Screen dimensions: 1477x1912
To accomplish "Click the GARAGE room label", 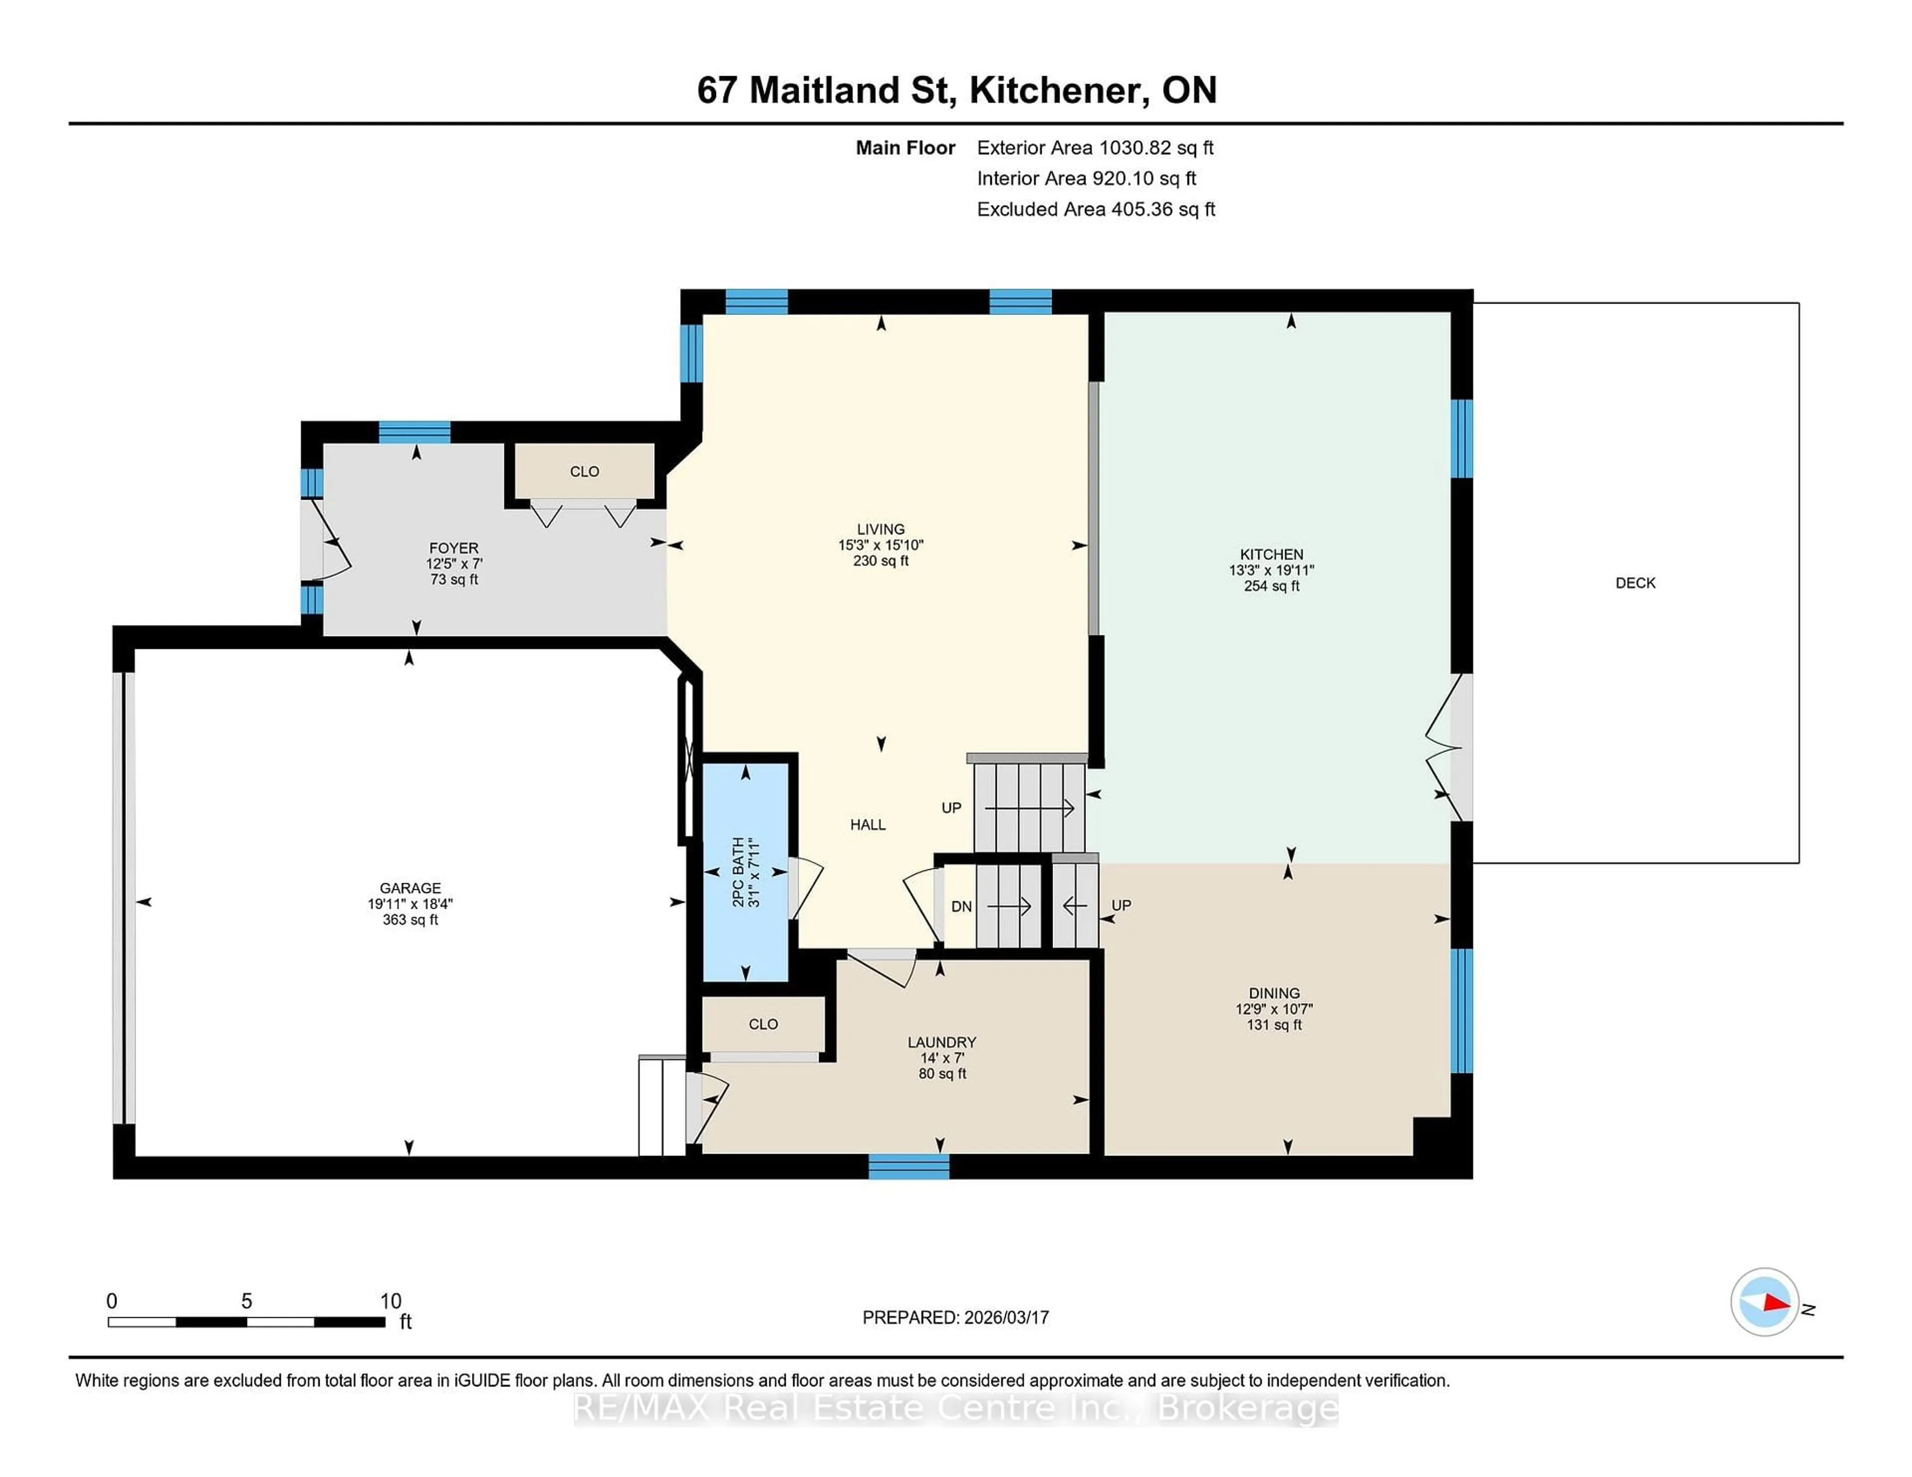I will pyautogui.click(x=410, y=887).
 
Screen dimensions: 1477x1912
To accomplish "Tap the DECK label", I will pyautogui.click(x=1635, y=583).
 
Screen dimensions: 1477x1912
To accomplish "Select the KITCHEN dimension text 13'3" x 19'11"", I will pyautogui.click(x=1271, y=570).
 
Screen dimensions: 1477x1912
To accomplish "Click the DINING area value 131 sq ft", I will pyautogui.click(x=1274, y=1025).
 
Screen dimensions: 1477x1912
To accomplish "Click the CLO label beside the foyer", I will pyautogui.click(x=584, y=472).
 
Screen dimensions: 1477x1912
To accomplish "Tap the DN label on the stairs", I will pyautogui.click(x=961, y=907).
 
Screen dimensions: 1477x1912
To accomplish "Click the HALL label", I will pyautogui.click(x=867, y=824).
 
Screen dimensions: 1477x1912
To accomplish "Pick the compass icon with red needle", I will pyautogui.click(x=1764, y=1302).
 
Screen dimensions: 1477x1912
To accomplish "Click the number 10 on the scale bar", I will pyautogui.click(x=390, y=1301).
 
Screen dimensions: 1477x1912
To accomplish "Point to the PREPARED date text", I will pyautogui.click(x=955, y=1317).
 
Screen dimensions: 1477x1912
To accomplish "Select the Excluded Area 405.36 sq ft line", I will pyautogui.click(x=1095, y=209).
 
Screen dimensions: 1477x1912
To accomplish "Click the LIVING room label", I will pyautogui.click(x=881, y=528).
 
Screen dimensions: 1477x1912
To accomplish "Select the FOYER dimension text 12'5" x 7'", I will pyautogui.click(x=454, y=563).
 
